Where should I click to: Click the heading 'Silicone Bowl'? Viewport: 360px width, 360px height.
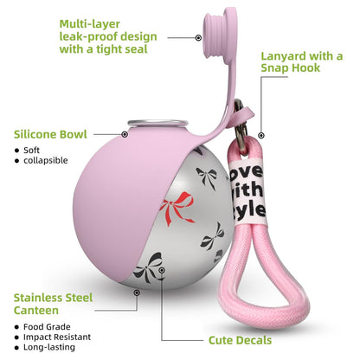pyautogui.click(x=50, y=134)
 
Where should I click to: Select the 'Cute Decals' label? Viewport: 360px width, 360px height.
pyautogui.click(x=240, y=340)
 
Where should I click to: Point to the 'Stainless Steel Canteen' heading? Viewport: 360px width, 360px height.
pyautogui.click(x=53, y=304)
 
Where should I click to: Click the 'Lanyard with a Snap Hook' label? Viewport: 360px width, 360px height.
pyautogui.click(x=302, y=62)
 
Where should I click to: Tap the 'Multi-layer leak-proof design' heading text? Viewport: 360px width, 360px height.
pyautogui.click(x=108, y=36)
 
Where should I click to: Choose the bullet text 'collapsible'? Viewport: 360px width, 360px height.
pyautogui.click(x=46, y=160)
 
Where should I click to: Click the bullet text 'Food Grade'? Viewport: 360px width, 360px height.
pyautogui.click(x=47, y=327)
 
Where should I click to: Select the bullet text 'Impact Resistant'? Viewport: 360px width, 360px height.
pyautogui.click(x=57, y=337)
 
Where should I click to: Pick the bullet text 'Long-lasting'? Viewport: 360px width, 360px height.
pyautogui.click(x=49, y=347)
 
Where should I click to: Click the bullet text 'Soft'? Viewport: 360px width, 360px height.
pyautogui.click(x=31, y=151)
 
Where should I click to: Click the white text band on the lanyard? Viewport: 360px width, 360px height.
pyautogui.click(x=248, y=191)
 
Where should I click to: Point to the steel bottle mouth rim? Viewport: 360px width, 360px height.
pyautogui.click(x=158, y=124)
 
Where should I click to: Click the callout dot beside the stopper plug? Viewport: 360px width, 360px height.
pyautogui.click(x=198, y=37)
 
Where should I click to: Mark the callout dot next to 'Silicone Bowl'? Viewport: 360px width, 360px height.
pyautogui.click(x=125, y=134)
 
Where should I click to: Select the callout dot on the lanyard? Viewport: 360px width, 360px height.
pyautogui.click(x=261, y=135)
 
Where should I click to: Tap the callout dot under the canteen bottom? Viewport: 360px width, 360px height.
pyautogui.click(x=137, y=292)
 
